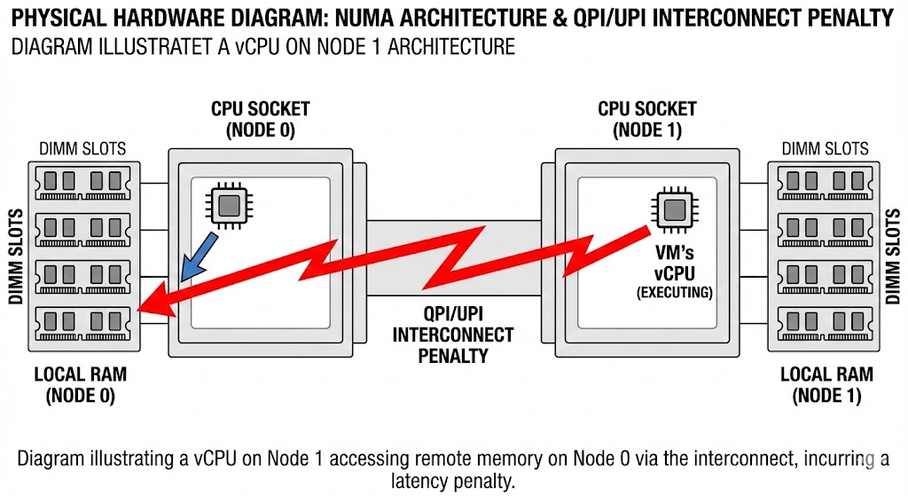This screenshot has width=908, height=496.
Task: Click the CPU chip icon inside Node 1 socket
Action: coord(674,209)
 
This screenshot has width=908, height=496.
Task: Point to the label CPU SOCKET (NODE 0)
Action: coord(260,119)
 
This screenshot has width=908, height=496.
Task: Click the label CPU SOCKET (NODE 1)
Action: coord(646,119)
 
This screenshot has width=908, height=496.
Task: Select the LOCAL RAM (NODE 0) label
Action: coord(81,385)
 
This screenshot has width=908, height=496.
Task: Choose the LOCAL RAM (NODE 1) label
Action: coord(826,385)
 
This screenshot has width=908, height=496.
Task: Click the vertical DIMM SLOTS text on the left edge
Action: coord(15,258)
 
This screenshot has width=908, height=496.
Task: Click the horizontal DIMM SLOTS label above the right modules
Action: coord(826,149)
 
